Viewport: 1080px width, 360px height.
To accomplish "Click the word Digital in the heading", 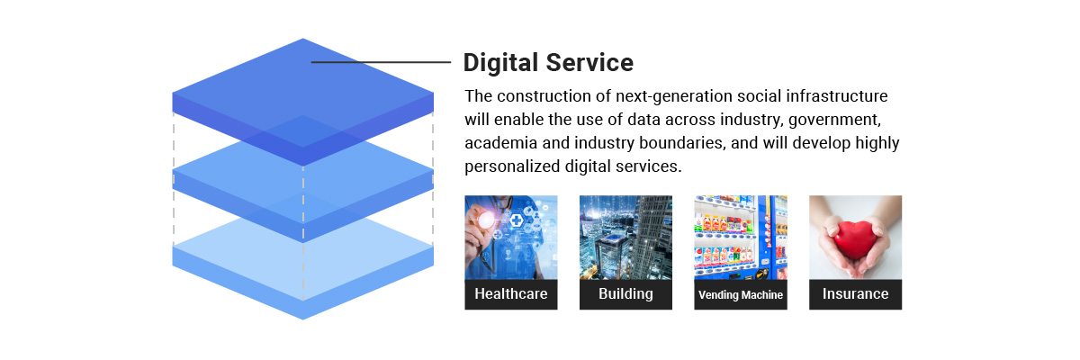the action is (500, 63).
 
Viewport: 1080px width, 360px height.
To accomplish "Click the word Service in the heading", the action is (589, 63).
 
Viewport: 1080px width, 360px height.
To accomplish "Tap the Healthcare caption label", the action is (511, 294).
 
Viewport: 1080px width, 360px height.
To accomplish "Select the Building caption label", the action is (625, 294).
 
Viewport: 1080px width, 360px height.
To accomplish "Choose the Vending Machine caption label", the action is (741, 294).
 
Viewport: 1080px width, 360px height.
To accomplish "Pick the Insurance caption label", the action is (855, 294).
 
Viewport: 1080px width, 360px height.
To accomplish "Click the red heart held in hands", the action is (855, 239).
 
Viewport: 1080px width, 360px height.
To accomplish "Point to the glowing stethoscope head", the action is (486, 220).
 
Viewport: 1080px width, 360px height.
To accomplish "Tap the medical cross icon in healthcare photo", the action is (517, 220).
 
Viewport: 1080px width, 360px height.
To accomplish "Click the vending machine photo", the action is (741, 237).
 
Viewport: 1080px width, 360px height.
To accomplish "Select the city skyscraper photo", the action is (625, 237).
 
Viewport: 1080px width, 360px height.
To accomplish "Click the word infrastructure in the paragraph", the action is (836, 96).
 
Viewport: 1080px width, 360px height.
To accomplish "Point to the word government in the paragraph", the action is (834, 120).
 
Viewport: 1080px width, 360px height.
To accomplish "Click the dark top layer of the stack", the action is (302, 96).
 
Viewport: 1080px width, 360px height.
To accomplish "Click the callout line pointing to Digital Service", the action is (381, 62).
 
